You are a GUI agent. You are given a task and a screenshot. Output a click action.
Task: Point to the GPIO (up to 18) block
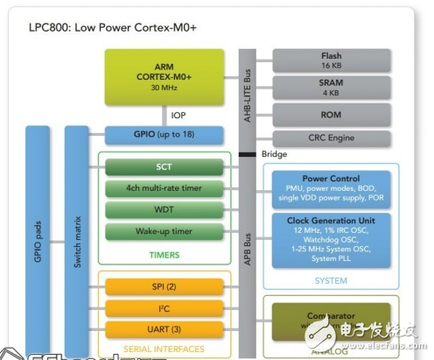pyautogui.click(x=164, y=136)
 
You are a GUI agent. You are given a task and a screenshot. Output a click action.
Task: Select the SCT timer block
pyautogui.click(x=164, y=166)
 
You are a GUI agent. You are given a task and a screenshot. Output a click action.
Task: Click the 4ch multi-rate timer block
pyautogui.click(x=164, y=188)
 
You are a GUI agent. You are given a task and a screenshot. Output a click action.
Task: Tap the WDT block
pyautogui.click(x=164, y=210)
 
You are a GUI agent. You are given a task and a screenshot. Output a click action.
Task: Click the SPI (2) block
pyautogui.click(x=164, y=287)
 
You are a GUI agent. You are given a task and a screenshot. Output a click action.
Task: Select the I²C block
pyautogui.click(x=164, y=308)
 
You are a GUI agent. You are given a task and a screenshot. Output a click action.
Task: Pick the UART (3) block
pyautogui.click(x=164, y=329)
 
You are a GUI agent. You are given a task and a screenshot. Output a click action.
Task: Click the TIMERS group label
pyautogui.click(x=164, y=254)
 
